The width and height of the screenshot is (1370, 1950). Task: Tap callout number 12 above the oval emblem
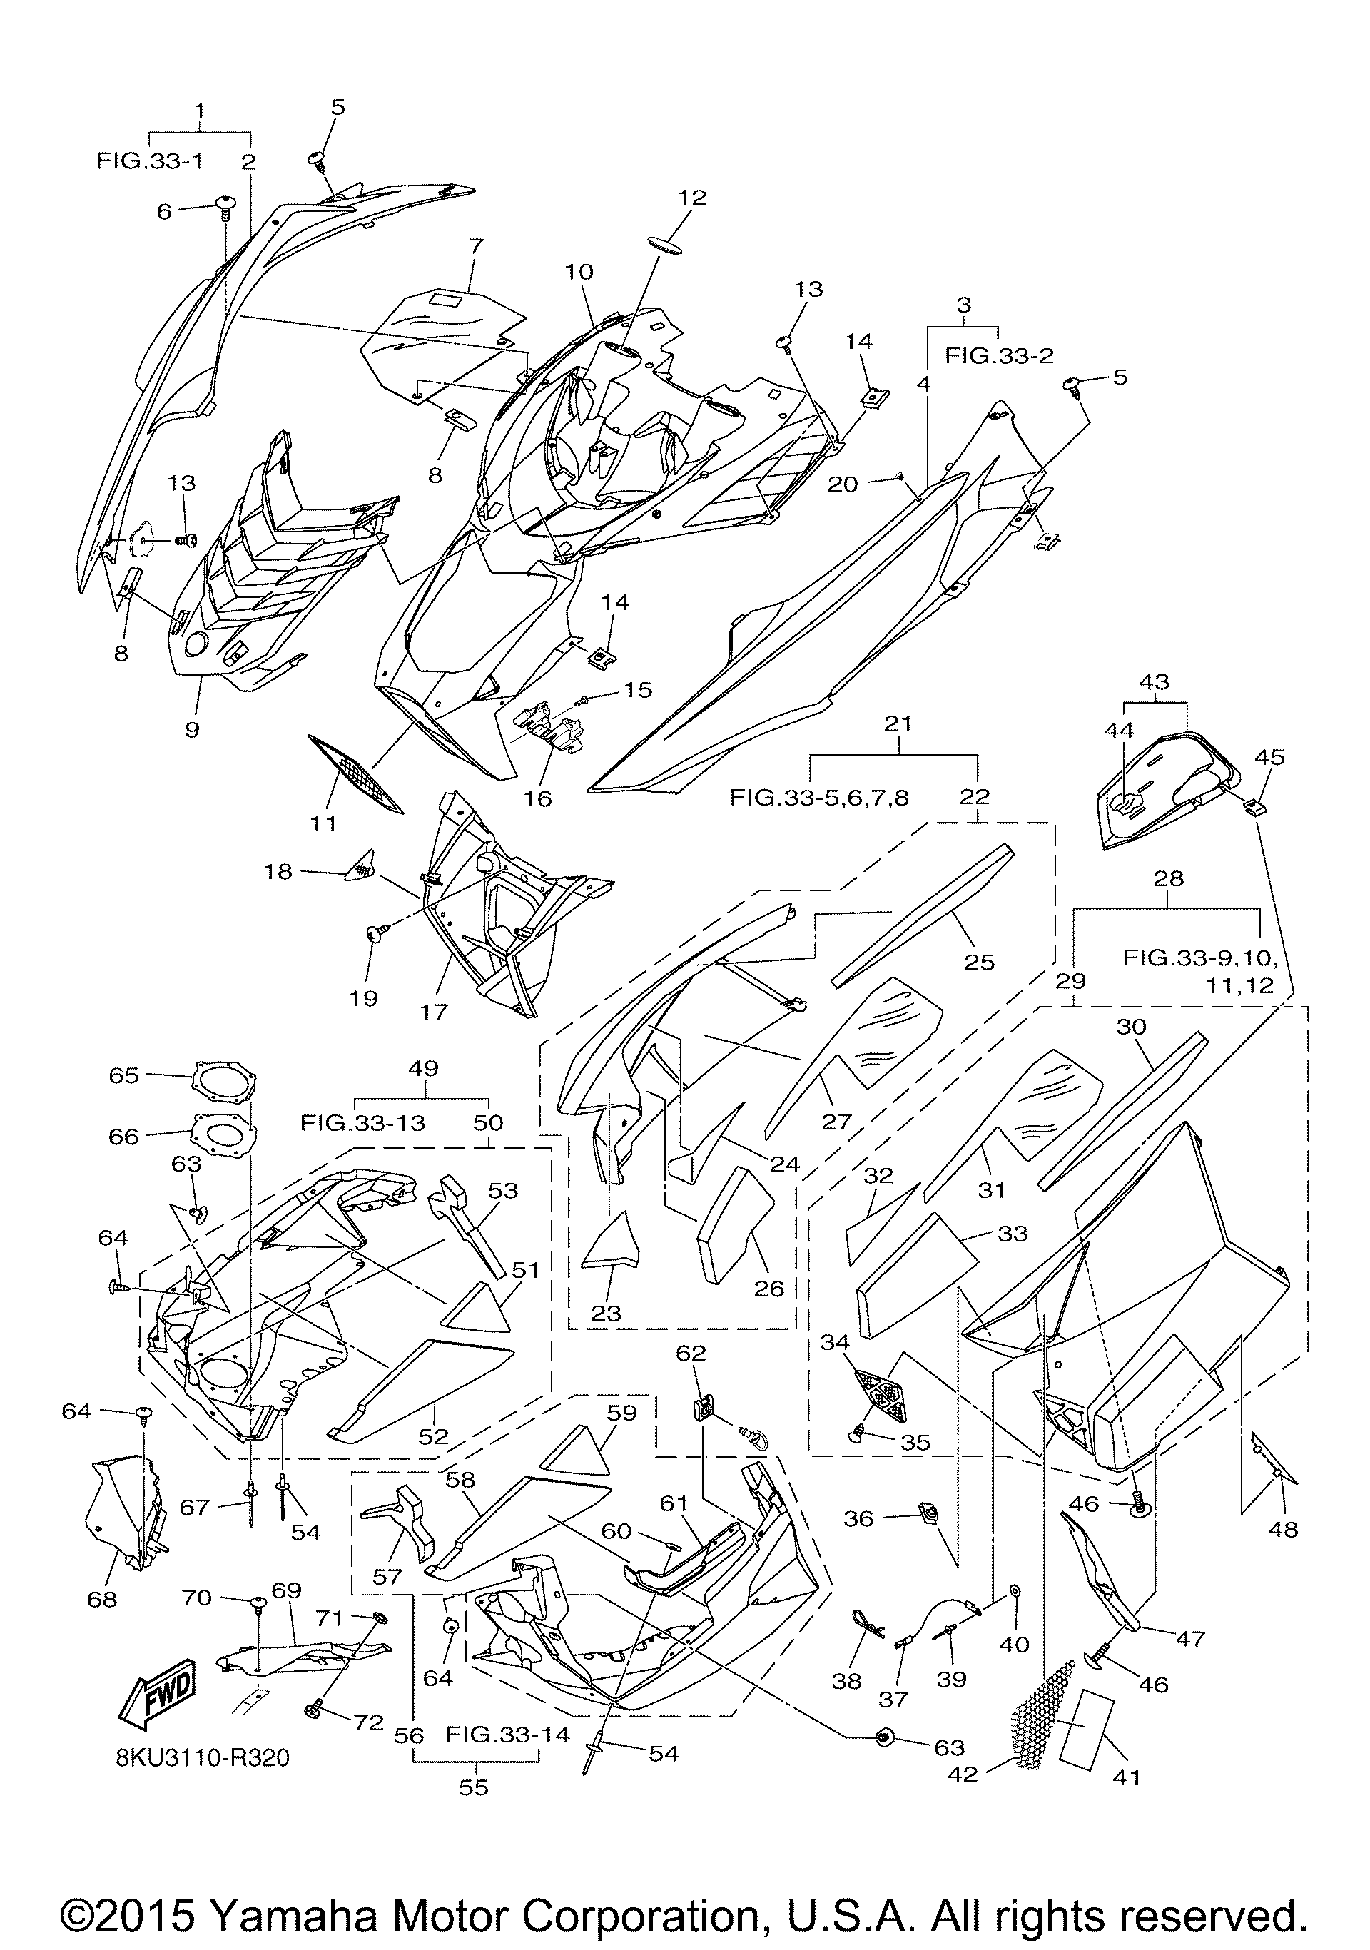pyautogui.click(x=692, y=197)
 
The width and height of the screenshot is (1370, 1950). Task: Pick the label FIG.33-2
pyautogui.click(x=1000, y=356)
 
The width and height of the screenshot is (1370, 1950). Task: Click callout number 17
pyautogui.click(x=433, y=1012)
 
